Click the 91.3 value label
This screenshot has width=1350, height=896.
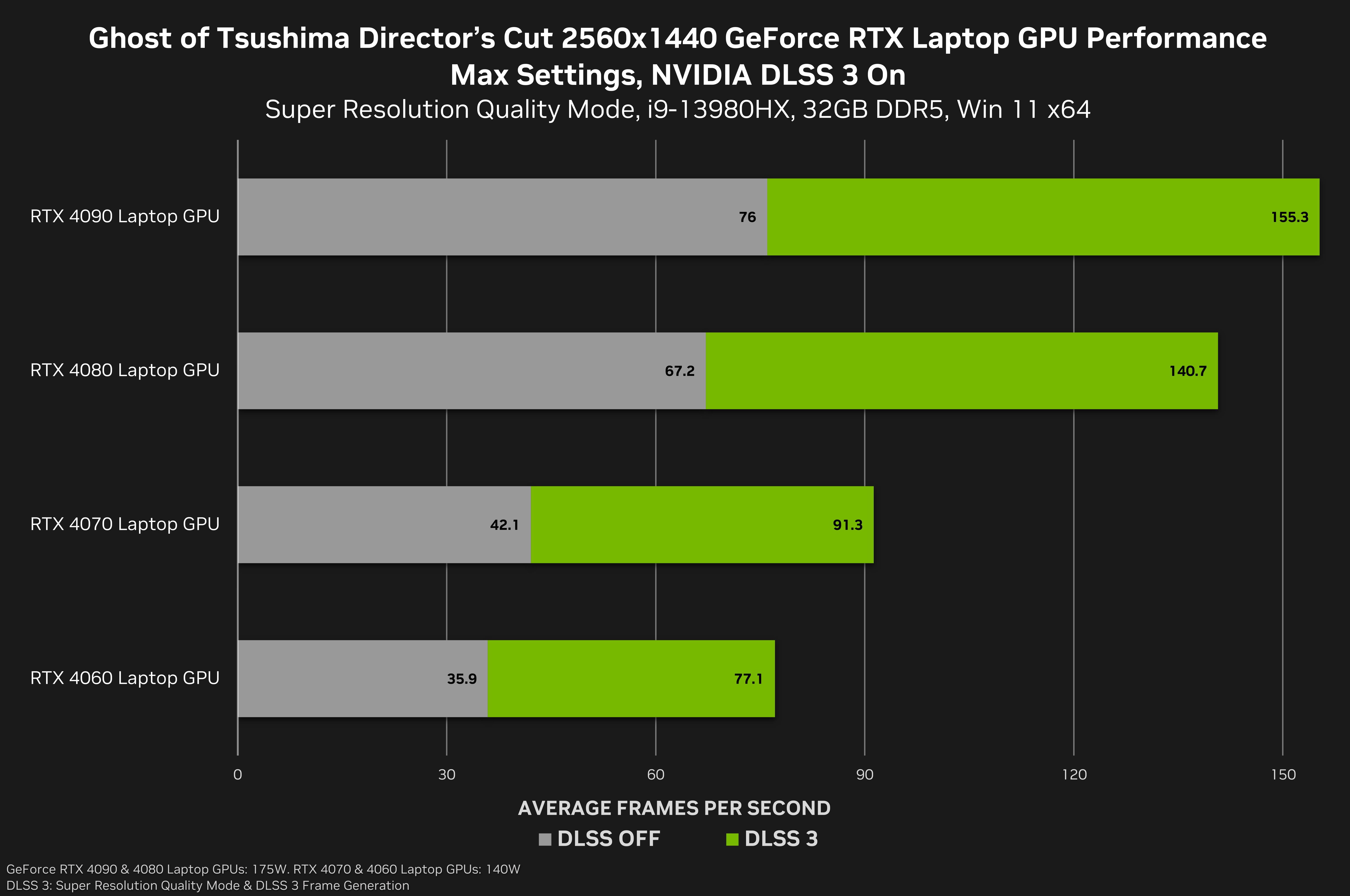(x=847, y=525)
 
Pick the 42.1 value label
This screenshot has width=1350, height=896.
(x=504, y=525)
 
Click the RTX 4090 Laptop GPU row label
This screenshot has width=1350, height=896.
(x=125, y=216)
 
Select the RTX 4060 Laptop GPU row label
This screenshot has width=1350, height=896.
(x=125, y=678)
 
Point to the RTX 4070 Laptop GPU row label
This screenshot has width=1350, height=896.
(x=125, y=524)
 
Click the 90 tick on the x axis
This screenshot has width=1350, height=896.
(x=865, y=775)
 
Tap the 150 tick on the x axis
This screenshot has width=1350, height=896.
(x=1283, y=775)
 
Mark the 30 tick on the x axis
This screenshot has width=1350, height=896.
(x=447, y=775)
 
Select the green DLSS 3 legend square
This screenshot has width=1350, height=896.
(x=732, y=839)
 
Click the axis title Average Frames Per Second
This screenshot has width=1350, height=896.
(x=674, y=808)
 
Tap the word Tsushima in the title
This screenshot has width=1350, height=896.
(x=283, y=39)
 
